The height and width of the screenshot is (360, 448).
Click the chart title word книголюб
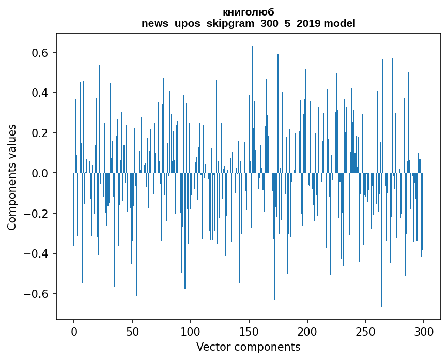click(x=248, y=12)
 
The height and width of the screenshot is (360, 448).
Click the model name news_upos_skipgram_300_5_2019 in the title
click(x=231, y=23)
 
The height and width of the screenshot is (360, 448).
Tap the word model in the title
click(x=339, y=23)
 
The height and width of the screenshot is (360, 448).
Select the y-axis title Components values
click(x=12, y=177)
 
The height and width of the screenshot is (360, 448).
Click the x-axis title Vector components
click(x=248, y=347)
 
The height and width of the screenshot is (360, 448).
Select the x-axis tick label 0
click(x=74, y=332)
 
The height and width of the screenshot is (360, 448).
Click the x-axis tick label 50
click(x=132, y=332)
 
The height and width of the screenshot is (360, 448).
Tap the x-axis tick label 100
click(x=191, y=332)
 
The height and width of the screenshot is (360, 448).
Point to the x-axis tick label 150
click(x=249, y=332)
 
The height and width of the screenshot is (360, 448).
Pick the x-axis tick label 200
click(x=307, y=332)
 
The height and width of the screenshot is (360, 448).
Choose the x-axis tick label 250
click(x=365, y=332)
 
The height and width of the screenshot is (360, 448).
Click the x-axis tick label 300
click(x=424, y=332)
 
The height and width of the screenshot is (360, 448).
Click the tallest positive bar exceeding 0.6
click(x=252, y=109)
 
